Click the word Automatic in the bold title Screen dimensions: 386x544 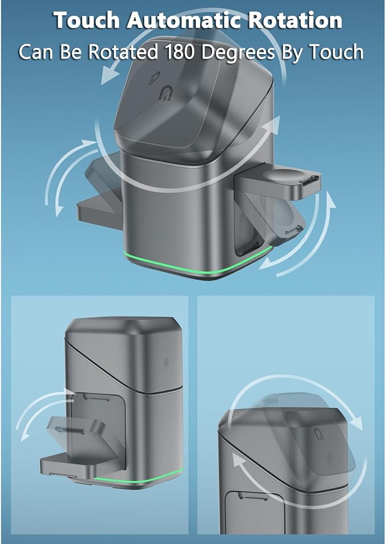pos(184,20)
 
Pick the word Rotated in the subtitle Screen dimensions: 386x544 pos(123,52)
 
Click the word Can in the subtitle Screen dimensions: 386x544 pos(36,52)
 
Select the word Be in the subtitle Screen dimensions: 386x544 pos(70,52)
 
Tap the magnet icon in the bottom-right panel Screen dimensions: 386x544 pos(318,434)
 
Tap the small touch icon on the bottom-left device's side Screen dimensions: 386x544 pos(167,361)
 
